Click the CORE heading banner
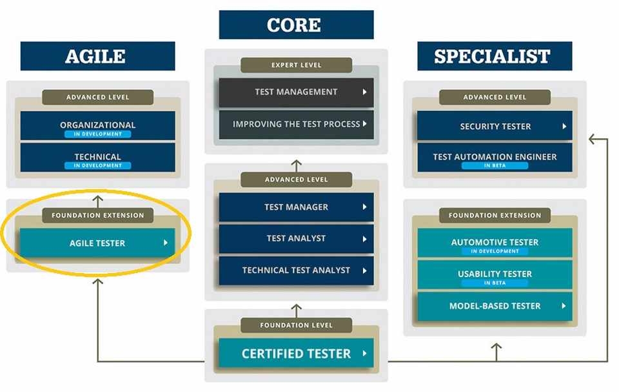click(x=296, y=25)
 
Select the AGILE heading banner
click(x=97, y=56)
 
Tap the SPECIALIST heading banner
click(x=495, y=56)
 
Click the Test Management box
click(x=296, y=92)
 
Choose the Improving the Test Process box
click(x=296, y=124)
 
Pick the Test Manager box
click(x=296, y=207)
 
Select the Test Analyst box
click(x=296, y=238)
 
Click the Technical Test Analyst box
click(x=296, y=271)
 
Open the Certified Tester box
click(x=296, y=353)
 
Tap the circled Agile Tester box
click(x=97, y=243)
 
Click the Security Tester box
click(x=495, y=126)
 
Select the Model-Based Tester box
click(x=495, y=306)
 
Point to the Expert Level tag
click(x=296, y=65)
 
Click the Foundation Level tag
click(x=296, y=325)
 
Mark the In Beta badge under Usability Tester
click(x=495, y=283)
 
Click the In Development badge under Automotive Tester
click(x=495, y=251)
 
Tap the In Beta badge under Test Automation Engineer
click(x=495, y=166)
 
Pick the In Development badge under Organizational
click(x=97, y=134)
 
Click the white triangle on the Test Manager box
click(x=364, y=207)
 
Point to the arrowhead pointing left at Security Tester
click(x=592, y=139)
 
